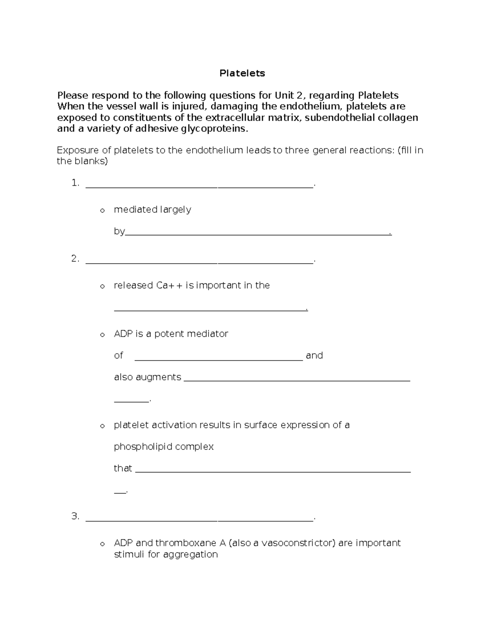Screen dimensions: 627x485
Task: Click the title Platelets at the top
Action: coord(242,73)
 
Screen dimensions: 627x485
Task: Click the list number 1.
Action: coord(75,183)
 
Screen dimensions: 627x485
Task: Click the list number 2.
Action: coord(75,259)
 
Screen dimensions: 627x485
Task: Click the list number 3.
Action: coord(75,516)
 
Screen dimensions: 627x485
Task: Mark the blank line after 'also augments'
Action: coord(297,380)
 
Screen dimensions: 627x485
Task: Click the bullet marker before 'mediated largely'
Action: coord(102,210)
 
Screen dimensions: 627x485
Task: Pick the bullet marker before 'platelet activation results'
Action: coord(102,426)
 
